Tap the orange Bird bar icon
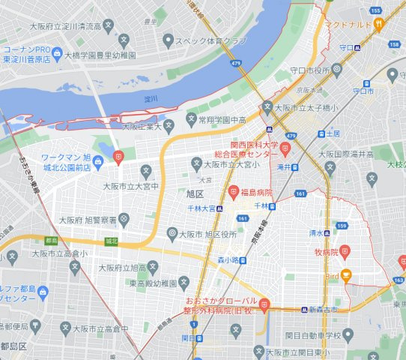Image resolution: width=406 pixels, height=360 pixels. click(345, 276)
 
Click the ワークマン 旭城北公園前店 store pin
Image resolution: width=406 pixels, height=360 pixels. click(118, 156)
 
